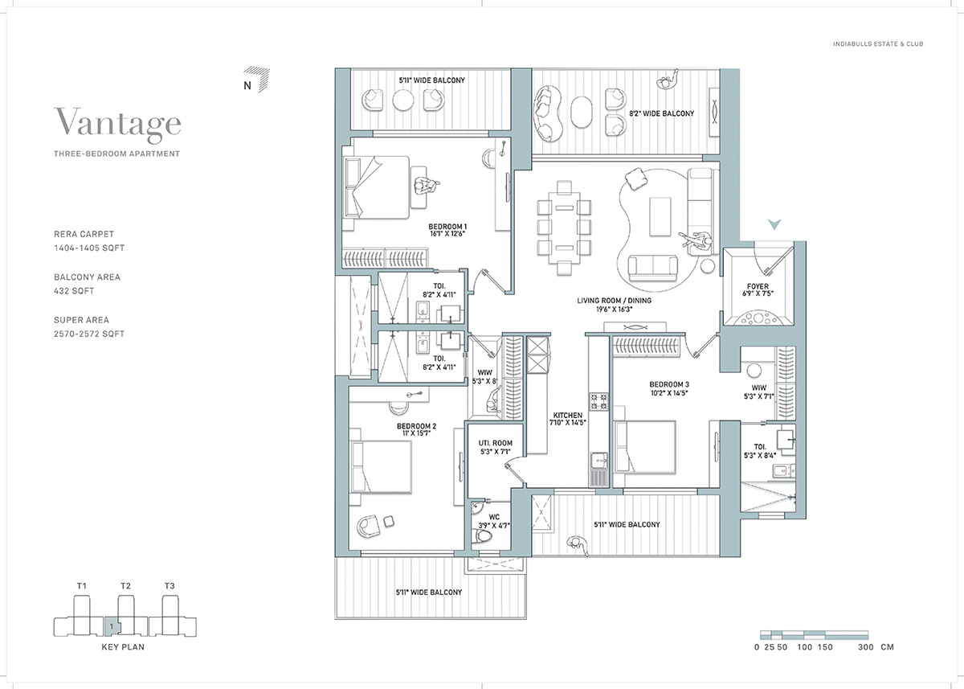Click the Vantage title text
coord(117,124)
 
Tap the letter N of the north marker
coord(247,86)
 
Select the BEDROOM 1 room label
coord(447,227)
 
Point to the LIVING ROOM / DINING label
coord(614,301)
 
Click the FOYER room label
coord(758,286)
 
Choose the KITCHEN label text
coord(568,415)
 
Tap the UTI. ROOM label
coord(496,443)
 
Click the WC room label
coord(494,517)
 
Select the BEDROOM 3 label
coord(669,384)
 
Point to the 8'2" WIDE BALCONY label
coord(661,113)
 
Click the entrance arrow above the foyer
coord(774,224)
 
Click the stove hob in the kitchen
coord(598,402)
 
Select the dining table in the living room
coord(564,228)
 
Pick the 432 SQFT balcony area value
coord(74,291)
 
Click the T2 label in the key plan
coord(125,585)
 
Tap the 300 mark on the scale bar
coord(865,647)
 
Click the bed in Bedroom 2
coord(381,467)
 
